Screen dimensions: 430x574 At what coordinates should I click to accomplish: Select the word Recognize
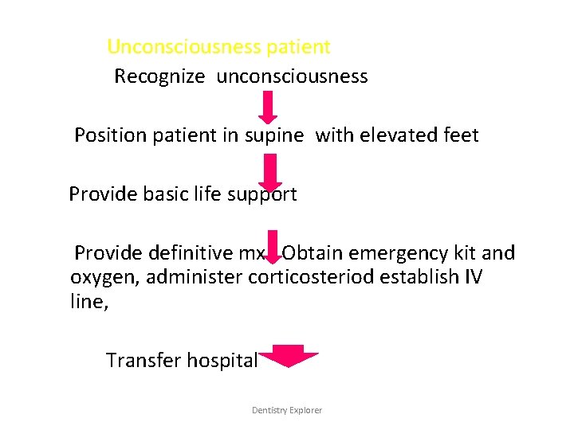coord(159,76)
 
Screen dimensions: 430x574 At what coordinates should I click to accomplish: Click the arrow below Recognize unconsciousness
coord(269,107)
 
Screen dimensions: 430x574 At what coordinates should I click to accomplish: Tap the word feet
coord(459,135)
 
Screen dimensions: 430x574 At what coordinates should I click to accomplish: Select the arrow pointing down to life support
coord(271,171)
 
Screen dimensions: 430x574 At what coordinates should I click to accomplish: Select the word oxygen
coord(104,277)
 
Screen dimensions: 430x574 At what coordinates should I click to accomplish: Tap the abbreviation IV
coord(473,277)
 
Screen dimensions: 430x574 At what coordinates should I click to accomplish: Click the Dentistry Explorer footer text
coord(287,410)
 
